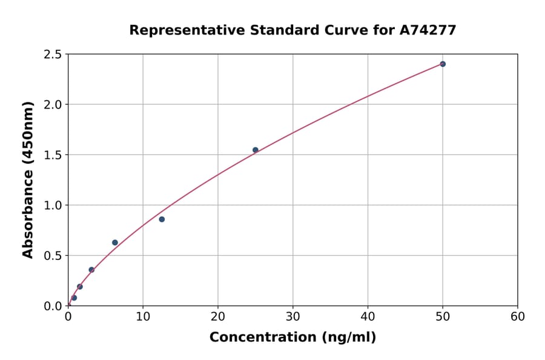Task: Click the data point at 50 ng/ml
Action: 443,64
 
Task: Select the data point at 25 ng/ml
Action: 256,150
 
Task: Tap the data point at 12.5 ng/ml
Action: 162,219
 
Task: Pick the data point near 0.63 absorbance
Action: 115,242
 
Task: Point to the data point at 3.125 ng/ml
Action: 91,270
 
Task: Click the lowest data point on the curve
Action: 74,298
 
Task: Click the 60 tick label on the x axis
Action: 518,317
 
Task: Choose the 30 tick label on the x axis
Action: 293,317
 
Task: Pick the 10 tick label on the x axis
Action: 143,317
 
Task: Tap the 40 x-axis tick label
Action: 368,317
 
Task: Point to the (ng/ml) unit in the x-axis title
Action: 350,338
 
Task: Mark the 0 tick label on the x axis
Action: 68,317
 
